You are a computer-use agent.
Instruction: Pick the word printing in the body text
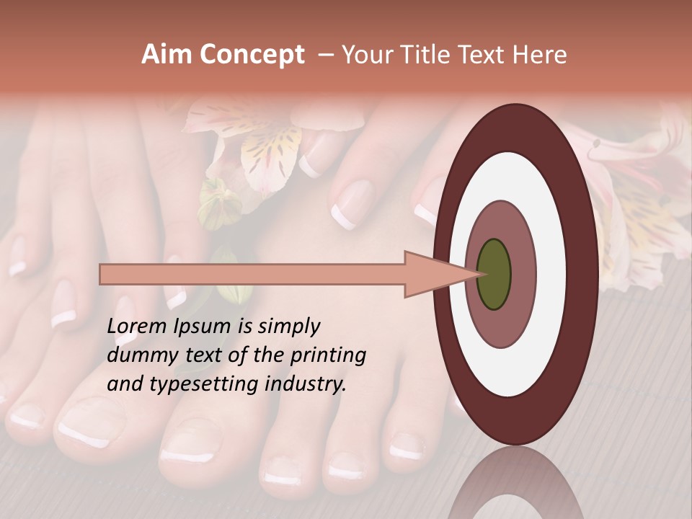329,355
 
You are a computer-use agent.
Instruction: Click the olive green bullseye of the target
494,274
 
